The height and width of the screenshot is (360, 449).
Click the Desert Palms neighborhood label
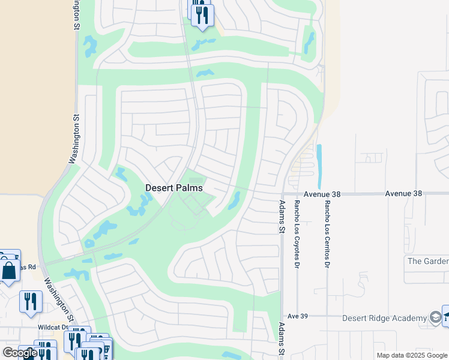click(174, 188)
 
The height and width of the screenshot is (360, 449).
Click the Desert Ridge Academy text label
click(384, 318)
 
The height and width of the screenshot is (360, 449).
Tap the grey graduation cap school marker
click(436, 317)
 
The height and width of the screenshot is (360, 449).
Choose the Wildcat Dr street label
click(53, 327)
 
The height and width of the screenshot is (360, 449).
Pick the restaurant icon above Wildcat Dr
click(31, 301)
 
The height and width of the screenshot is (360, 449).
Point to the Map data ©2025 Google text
click(412, 356)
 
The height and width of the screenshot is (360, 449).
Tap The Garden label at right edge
click(428, 261)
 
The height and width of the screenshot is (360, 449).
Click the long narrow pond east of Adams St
click(319, 166)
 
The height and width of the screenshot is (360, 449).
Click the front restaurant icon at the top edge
click(203, 14)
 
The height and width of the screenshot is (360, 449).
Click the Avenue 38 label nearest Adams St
click(323, 194)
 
